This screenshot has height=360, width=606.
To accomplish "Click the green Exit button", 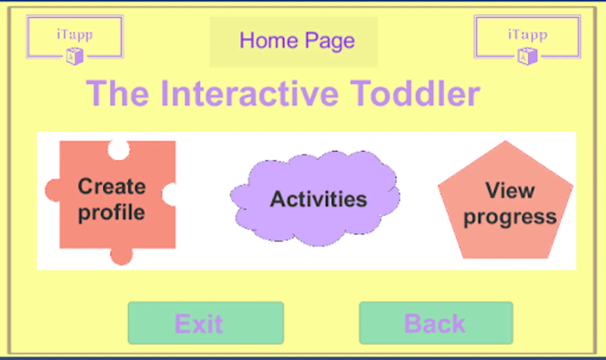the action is point(206,323).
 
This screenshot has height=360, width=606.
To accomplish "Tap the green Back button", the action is point(436,323).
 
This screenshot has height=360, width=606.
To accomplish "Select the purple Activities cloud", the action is point(315,198).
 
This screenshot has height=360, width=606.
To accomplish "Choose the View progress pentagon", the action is point(505,200).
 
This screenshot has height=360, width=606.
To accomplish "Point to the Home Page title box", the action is point(293,42).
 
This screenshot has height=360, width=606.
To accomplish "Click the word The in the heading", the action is point(118,94).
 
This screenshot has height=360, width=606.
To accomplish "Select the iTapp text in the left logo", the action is point(75,35).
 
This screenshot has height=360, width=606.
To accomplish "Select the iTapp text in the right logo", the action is point(528,35).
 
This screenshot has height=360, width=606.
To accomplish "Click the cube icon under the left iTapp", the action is point(75,56).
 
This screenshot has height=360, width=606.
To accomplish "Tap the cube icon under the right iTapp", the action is point(527,56).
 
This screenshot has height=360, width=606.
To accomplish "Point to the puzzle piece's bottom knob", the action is point(122,255).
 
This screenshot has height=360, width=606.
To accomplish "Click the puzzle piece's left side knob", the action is point(53,190).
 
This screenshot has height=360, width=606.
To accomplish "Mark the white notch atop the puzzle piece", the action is point(119,150).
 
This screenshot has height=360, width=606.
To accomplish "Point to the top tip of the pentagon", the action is point(505,140).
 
